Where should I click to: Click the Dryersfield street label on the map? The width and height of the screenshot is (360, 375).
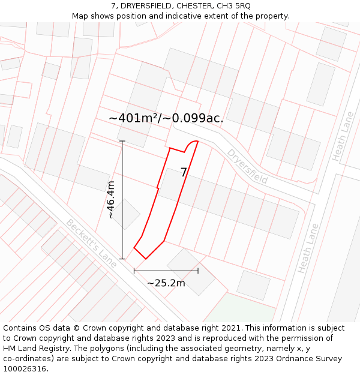[x=247, y=166]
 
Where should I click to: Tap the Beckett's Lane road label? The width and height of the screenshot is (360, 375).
[x=91, y=243]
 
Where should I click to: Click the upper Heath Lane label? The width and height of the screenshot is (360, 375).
[x=343, y=144]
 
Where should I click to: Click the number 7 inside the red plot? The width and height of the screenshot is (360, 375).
[x=184, y=172]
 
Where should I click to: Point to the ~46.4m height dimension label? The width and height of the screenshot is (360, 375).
[x=110, y=200]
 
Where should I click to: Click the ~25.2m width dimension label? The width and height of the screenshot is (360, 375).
[x=166, y=283]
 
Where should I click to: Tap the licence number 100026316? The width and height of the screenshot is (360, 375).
[x=25, y=368]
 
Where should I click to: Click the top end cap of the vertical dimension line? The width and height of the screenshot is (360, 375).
[x=122, y=141]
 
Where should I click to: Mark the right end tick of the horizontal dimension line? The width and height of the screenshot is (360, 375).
[x=198, y=271]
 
